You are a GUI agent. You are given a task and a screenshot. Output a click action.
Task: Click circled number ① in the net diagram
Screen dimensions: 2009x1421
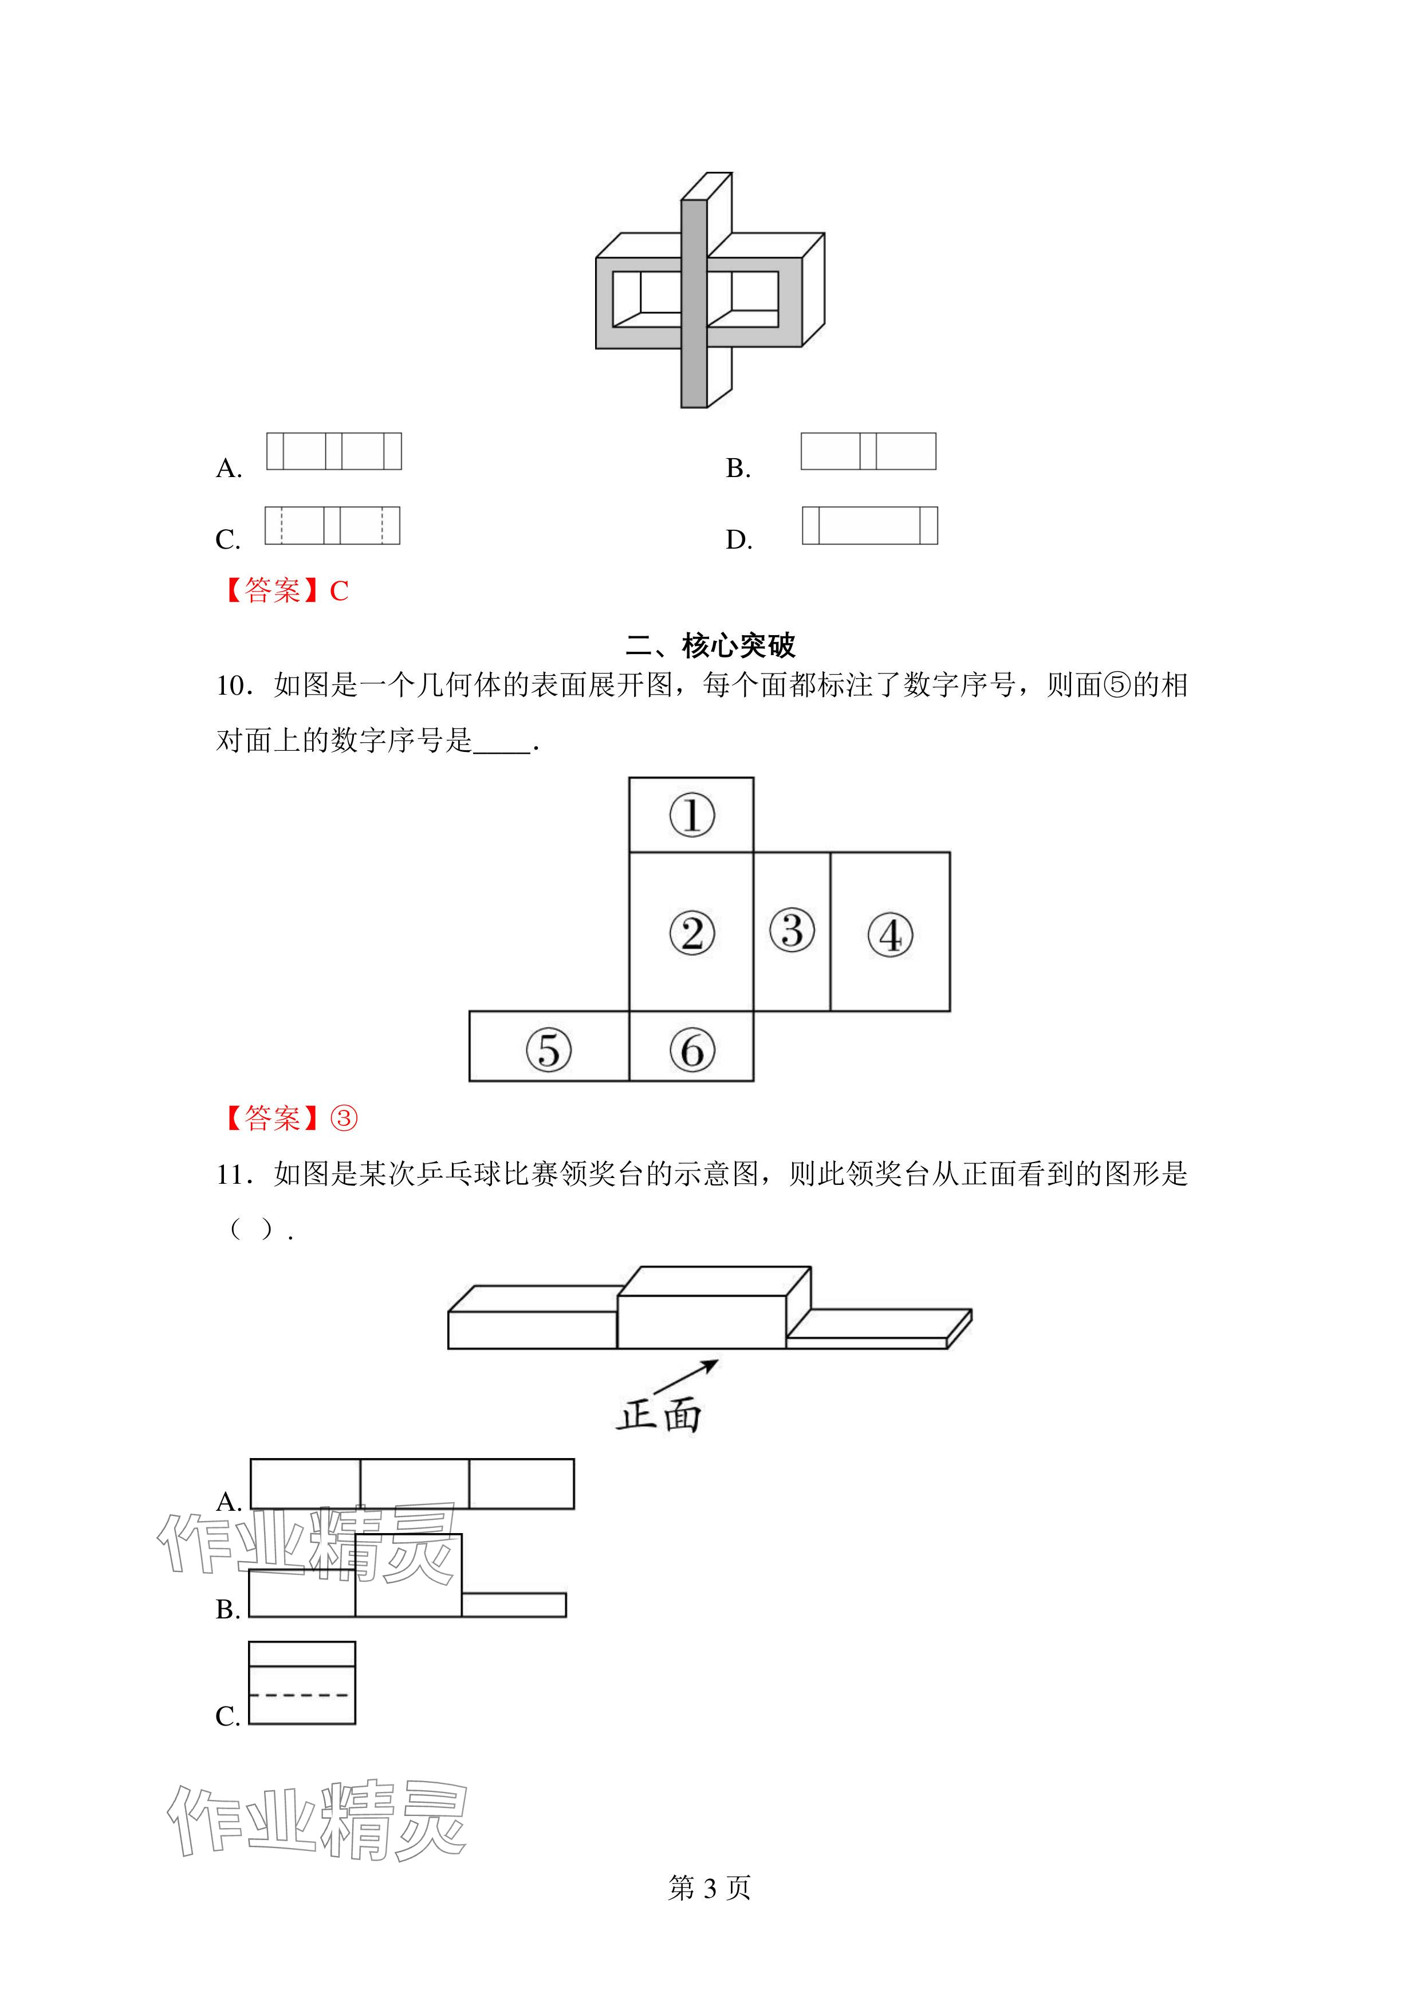click(x=691, y=816)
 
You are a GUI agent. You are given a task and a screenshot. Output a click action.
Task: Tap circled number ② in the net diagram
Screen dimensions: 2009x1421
click(x=691, y=933)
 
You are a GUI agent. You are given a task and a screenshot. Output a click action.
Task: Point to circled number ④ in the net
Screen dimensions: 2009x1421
click(x=890, y=935)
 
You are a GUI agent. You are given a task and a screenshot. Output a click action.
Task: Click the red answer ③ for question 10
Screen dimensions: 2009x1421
click(x=343, y=1118)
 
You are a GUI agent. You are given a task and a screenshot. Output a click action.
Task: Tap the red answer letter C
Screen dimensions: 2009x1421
click(x=338, y=592)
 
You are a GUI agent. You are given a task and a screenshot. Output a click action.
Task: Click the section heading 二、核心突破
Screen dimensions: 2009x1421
click(x=710, y=646)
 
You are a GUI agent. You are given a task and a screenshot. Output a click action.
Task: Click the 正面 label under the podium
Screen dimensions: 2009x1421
click(x=658, y=1415)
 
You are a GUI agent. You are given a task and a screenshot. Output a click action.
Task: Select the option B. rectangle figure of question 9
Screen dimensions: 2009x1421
click(x=868, y=451)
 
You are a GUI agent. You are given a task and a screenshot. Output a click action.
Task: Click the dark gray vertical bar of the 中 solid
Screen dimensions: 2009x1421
click(x=694, y=304)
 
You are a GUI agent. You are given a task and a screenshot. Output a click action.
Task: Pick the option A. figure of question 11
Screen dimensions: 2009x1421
click(x=412, y=1483)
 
